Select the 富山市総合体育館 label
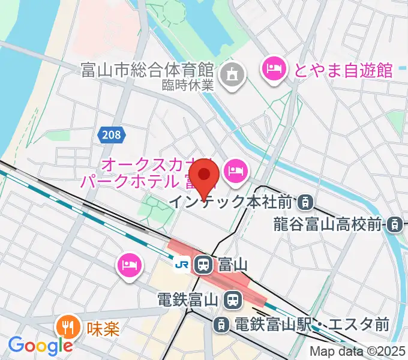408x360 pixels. point(148,71)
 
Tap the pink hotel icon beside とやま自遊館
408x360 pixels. point(274,69)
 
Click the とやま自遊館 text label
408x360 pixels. point(343,70)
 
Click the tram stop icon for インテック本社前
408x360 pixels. point(306,202)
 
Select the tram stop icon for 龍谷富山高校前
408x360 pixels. point(394,225)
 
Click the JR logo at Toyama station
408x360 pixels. point(181,263)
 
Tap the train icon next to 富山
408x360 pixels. point(203,263)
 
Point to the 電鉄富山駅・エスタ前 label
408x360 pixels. point(311,325)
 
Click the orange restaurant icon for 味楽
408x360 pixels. point(67,328)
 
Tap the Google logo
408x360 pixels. point(40,346)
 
